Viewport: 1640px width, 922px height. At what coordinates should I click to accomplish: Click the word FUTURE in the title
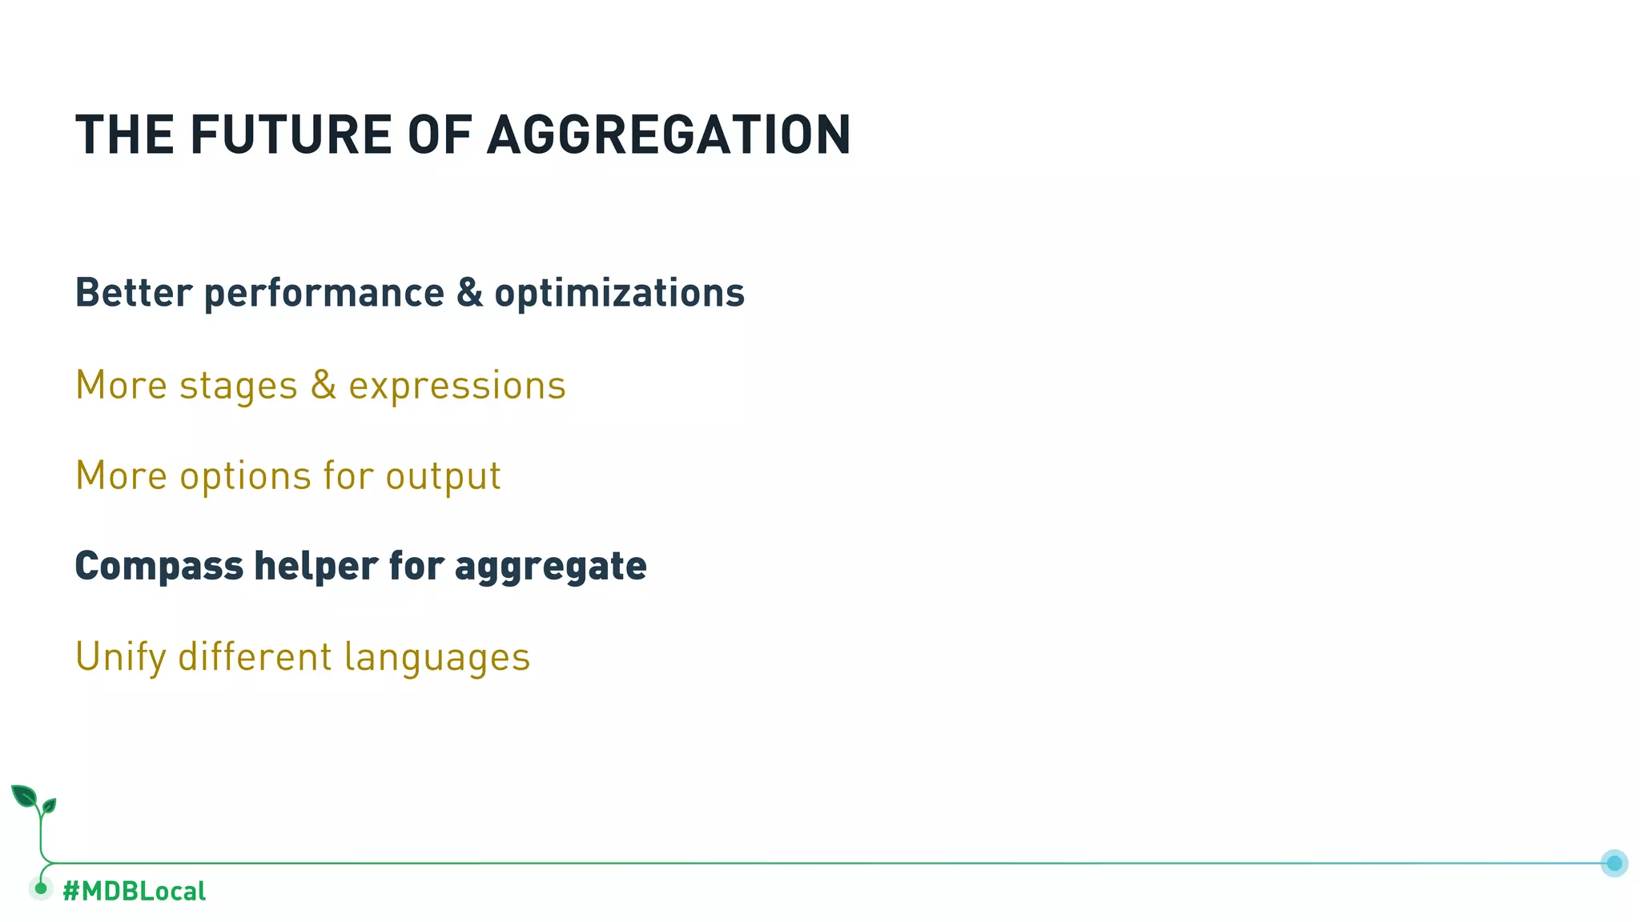coord(291,134)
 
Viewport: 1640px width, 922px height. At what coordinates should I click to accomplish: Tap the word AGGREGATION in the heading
coord(669,134)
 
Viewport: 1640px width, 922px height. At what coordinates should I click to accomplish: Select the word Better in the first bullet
coord(134,293)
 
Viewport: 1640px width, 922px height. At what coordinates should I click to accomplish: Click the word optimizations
coord(619,293)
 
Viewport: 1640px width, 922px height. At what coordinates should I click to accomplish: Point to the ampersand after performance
coord(470,293)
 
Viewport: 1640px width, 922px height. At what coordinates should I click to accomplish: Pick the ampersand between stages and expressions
coord(323,386)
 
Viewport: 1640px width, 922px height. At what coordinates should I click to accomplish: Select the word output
coord(443,477)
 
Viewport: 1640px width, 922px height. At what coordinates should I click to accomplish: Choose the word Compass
coord(159,567)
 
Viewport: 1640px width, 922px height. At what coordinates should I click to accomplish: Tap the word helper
coord(316,567)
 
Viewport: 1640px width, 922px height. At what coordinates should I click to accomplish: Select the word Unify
coord(120,658)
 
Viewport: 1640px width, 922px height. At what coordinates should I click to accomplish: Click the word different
coord(255,656)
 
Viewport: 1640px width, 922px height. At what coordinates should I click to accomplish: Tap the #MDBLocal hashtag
coord(134,891)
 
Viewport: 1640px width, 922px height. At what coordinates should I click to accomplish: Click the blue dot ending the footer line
coord(1614,863)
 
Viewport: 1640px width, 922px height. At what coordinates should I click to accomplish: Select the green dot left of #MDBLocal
coord(41,888)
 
